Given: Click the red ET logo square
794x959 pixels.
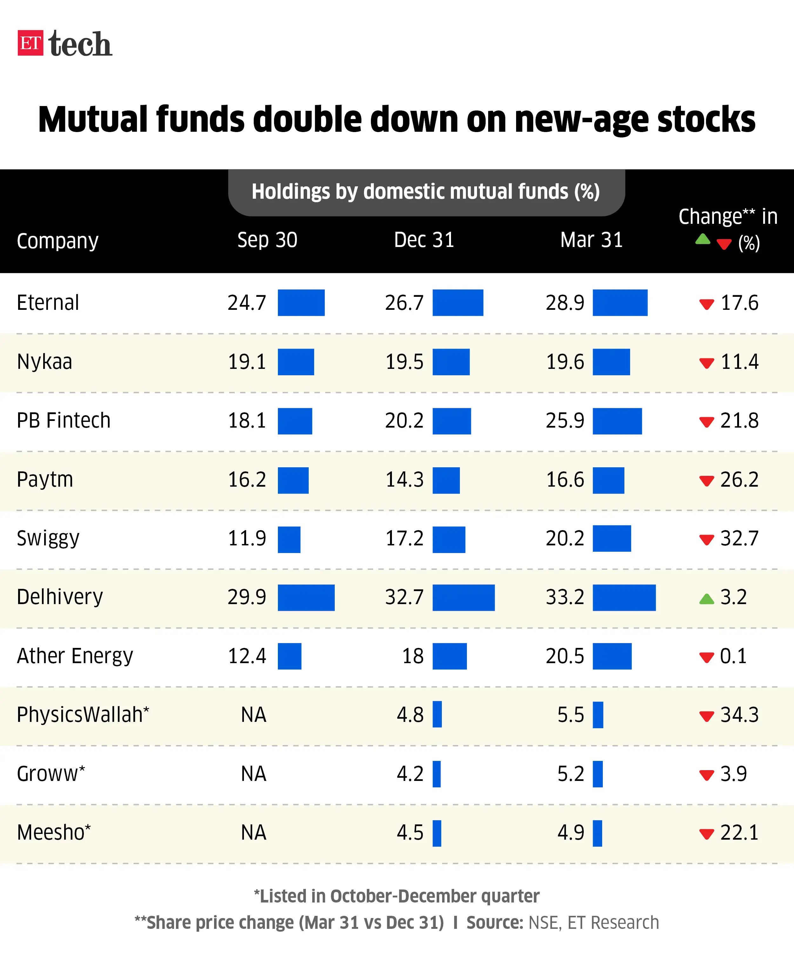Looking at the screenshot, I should coord(30,43).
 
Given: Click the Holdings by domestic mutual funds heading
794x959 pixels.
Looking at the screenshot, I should coord(426,192).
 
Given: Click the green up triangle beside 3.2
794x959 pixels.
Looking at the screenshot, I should coord(706,599).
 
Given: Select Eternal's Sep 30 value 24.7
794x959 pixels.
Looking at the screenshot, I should coord(247,303).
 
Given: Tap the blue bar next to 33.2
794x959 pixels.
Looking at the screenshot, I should coord(624,597).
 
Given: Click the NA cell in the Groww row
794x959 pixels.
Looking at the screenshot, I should coord(253,774).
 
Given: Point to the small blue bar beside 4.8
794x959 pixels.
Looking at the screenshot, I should coord(437,714).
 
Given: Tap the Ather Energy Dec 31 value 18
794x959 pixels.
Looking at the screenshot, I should coord(413,656).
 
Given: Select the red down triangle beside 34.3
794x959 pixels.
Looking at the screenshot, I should coord(706,716).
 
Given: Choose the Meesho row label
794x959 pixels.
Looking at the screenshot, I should coord(53,833).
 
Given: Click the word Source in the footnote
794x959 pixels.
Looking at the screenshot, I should coord(494,923).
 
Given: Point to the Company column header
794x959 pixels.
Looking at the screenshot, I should coord(57,241).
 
